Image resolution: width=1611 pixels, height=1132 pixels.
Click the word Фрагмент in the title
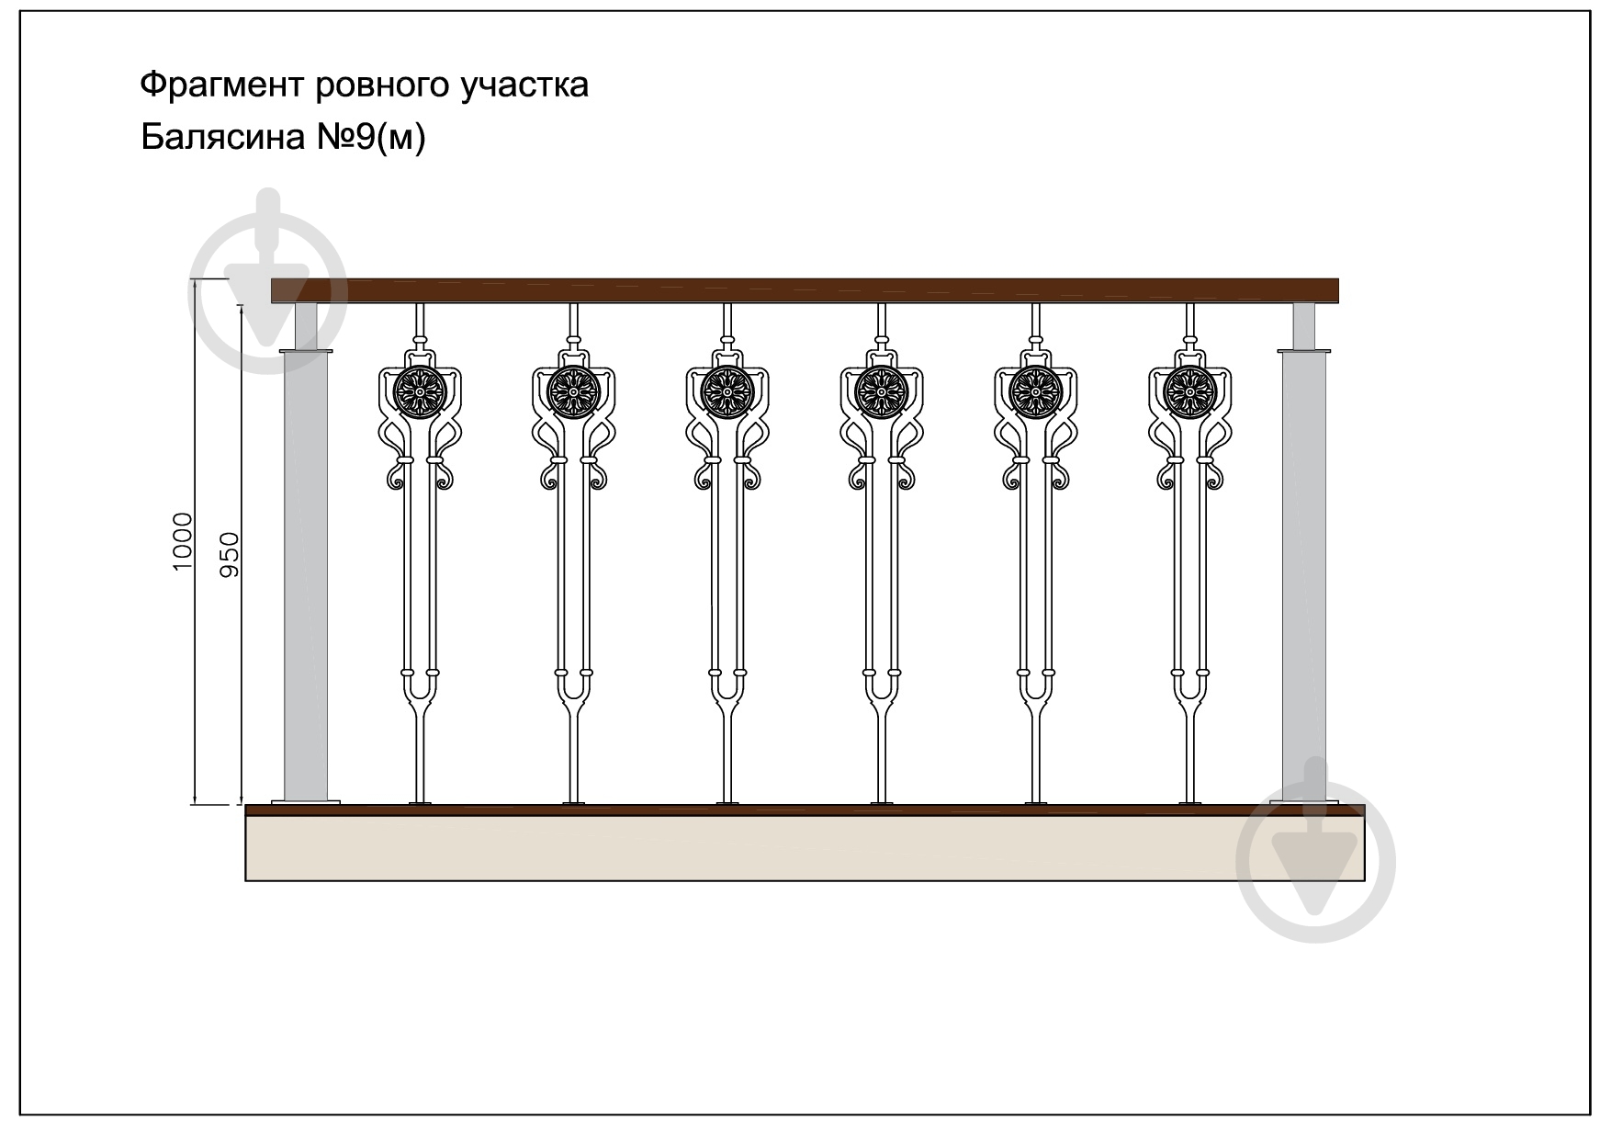click(x=223, y=85)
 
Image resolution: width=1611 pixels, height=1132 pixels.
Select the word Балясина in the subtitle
click(x=223, y=137)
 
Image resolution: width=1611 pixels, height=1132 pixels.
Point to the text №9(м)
click(x=372, y=138)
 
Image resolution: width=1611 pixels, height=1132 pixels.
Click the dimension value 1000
click(x=183, y=542)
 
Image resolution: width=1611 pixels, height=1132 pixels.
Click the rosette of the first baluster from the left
click(x=419, y=392)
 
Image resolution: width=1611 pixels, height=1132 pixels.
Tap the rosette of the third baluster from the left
click(x=727, y=392)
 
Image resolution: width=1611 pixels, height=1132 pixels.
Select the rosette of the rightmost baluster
click(x=1190, y=392)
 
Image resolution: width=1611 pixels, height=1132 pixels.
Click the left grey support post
click(x=306, y=575)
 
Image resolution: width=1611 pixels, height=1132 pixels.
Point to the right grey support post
click(x=1304, y=575)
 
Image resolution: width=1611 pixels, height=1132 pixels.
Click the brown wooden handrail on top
click(x=805, y=290)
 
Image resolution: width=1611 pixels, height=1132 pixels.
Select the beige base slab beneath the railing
click(x=805, y=848)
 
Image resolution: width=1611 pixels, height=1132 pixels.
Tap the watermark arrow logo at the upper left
click(x=268, y=281)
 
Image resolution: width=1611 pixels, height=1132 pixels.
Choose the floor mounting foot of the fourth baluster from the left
click(x=882, y=804)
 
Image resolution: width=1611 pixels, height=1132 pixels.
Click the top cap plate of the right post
click(x=1304, y=351)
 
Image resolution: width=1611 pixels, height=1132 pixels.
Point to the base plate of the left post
click(x=306, y=802)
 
